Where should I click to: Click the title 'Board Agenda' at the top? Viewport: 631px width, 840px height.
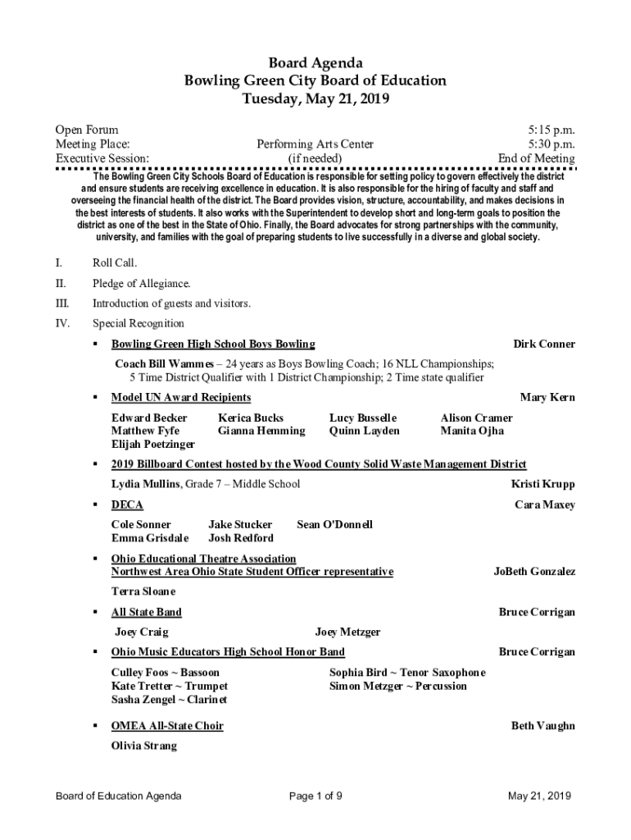(315, 63)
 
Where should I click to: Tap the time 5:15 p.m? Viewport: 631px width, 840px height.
(552, 130)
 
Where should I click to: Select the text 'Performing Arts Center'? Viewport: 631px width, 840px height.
(315, 144)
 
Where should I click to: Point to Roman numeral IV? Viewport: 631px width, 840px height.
(62, 323)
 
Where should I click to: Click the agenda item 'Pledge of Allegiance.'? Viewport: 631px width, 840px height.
(141, 284)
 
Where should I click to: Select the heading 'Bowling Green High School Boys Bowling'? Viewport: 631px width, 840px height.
(213, 344)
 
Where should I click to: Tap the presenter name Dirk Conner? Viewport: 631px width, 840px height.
(543, 344)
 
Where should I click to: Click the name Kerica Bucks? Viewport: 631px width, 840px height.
(251, 418)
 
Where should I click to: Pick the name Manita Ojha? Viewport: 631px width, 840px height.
(472, 431)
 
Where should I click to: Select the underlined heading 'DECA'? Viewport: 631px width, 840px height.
(127, 504)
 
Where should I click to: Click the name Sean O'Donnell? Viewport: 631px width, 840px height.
(334, 524)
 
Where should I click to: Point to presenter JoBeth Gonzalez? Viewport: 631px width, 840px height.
(534, 571)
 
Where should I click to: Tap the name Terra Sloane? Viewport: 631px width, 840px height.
(143, 591)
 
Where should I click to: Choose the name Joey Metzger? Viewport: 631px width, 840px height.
(347, 632)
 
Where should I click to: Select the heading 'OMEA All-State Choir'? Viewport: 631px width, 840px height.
(167, 726)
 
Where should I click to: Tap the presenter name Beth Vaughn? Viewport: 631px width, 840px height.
(543, 726)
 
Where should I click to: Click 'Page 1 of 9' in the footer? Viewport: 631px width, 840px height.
(315, 796)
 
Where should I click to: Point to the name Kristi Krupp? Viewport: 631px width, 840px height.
(543, 484)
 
